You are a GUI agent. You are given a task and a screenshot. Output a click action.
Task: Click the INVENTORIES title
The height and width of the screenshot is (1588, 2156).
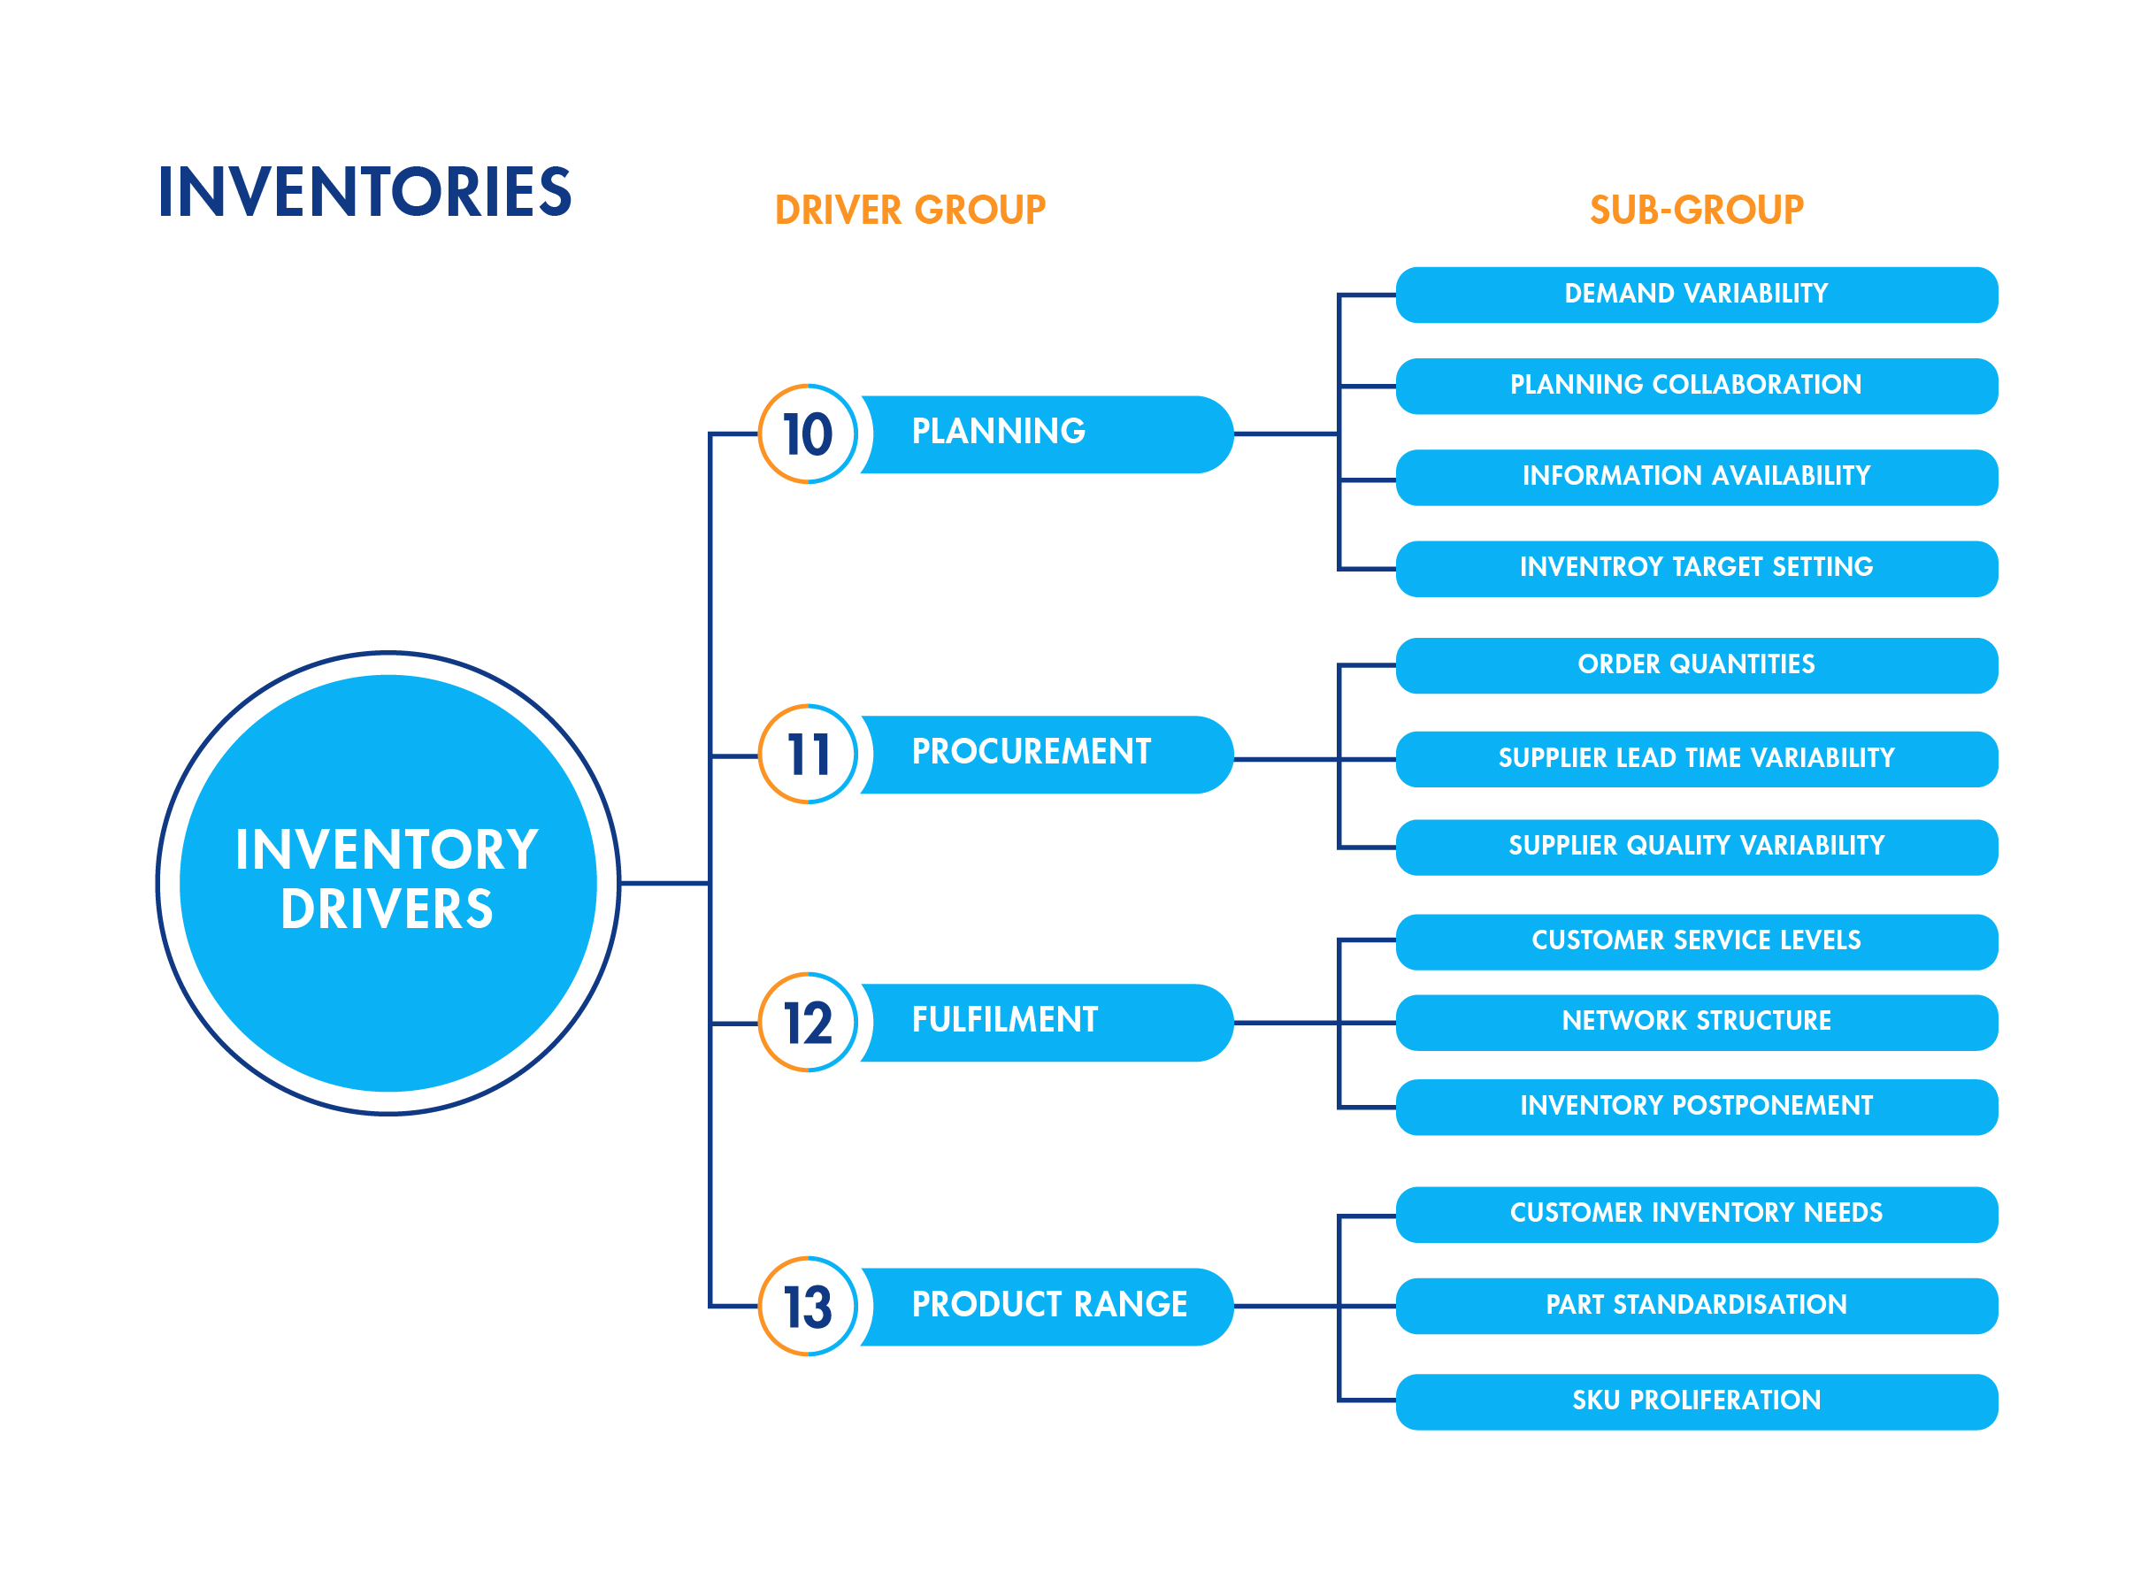pyautogui.click(x=364, y=191)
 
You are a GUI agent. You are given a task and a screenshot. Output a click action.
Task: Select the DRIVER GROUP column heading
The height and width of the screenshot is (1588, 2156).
pyautogui.click(x=909, y=211)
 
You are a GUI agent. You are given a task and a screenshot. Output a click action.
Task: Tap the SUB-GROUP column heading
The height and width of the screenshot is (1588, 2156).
pyautogui.click(x=1696, y=211)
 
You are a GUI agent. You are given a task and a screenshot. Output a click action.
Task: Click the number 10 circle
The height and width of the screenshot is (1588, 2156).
pyautogui.click(x=808, y=434)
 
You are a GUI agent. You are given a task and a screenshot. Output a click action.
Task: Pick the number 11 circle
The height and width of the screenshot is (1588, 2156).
pyautogui.click(x=808, y=755)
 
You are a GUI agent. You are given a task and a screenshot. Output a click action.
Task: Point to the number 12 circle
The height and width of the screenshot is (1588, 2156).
pyautogui.click(x=808, y=1023)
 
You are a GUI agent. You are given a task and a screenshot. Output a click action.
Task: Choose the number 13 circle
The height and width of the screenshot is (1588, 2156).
pyautogui.click(x=808, y=1307)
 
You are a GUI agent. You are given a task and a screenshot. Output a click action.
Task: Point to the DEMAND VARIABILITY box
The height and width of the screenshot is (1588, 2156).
pyautogui.click(x=1696, y=294)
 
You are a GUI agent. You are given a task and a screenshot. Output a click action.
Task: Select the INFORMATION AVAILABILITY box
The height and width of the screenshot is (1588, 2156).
pyautogui.click(x=1696, y=477)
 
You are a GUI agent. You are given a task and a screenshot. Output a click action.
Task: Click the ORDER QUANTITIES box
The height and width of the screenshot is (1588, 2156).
pyautogui.click(x=1696, y=665)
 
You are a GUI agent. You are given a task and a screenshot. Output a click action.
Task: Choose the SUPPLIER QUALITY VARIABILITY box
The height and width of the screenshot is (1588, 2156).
pyautogui.click(x=1696, y=847)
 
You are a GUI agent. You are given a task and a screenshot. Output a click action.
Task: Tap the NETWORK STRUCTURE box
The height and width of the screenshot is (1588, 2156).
pyautogui.click(x=1696, y=1022)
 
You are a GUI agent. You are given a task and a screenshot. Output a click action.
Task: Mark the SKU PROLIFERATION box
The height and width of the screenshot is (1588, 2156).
pyautogui.click(x=1696, y=1401)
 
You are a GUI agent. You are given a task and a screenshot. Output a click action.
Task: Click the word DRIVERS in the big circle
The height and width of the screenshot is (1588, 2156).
pyautogui.click(x=387, y=909)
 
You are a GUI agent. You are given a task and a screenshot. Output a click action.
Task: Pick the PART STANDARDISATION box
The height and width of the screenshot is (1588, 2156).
pyautogui.click(x=1696, y=1306)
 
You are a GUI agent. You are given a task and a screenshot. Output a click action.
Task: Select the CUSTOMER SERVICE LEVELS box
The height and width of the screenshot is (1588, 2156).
pyautogui.click(x=1696, y=941)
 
